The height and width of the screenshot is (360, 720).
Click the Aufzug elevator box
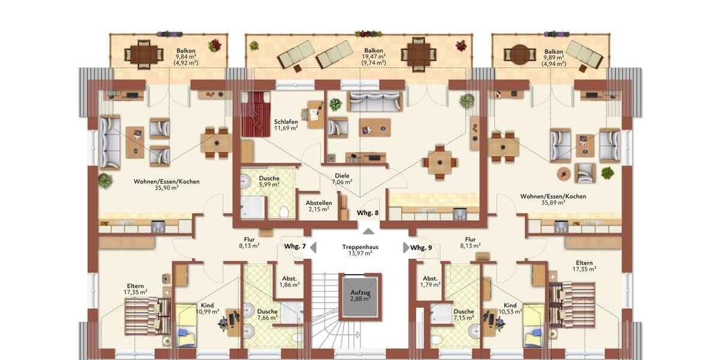pos(360,296)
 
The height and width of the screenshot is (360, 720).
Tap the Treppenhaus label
pos(360,250)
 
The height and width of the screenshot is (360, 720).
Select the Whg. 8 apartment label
pos(367,213)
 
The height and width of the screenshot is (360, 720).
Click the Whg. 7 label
pos(295,247)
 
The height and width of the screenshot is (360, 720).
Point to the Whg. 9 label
pos(421,247)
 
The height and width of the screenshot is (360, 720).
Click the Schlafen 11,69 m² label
pos(286,125)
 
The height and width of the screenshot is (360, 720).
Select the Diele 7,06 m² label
pos(343,179)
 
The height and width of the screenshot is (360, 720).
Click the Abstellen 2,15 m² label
pos(319,206)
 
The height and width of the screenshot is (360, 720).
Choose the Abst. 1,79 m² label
pos(430,281)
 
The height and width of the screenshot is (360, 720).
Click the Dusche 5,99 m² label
pos(269,181)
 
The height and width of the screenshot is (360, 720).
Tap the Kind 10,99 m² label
pos(208,308)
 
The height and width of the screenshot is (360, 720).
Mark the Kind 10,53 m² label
pos(510,308)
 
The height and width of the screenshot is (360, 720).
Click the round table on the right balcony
pos(520,55)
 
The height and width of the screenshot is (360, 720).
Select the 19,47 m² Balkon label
pos(374,56)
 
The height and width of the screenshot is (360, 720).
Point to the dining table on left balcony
pos(143,55)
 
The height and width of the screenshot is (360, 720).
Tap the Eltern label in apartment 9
pos(584,266)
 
